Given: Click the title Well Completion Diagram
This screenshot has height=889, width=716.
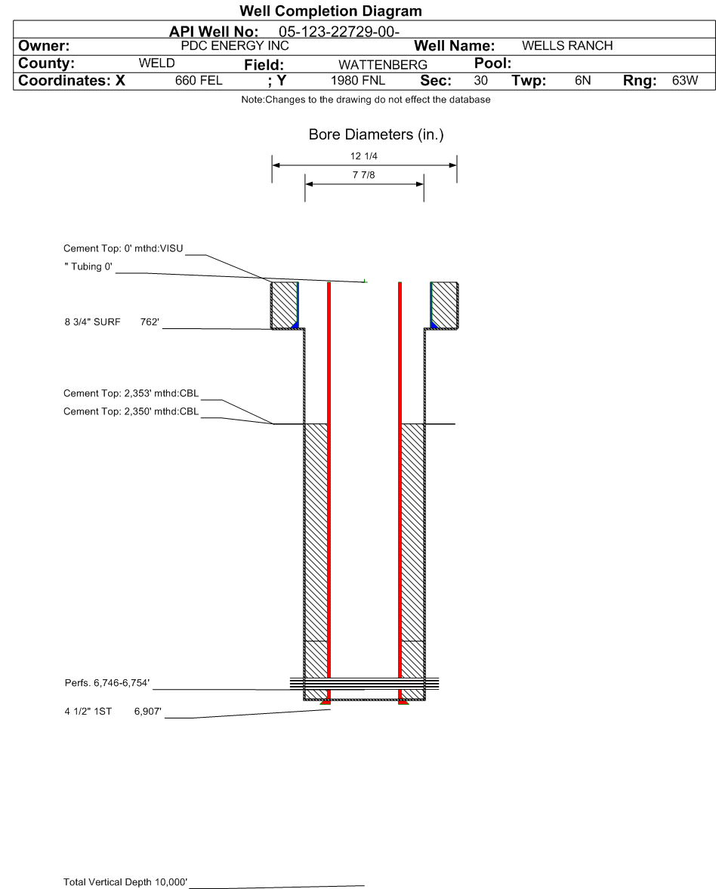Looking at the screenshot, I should pos(330,11).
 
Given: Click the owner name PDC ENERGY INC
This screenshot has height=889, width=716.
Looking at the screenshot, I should pos(240,46).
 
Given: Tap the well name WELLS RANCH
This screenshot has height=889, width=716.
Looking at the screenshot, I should pos(567,46).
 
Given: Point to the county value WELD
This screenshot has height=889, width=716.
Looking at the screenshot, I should pos(157,63).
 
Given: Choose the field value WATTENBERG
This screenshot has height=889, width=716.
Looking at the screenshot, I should pos(383,65).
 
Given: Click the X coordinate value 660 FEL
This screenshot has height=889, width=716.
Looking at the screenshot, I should pos(199,81).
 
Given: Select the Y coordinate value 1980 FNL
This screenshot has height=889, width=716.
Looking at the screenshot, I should pos(358,81).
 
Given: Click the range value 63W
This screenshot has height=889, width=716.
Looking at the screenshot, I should pos(685,81).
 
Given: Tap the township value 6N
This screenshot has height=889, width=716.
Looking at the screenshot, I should pos(582,81).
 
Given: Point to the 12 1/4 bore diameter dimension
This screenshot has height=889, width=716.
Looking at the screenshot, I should pos(365,157).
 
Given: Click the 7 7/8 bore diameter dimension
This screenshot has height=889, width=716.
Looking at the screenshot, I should pos(364,175).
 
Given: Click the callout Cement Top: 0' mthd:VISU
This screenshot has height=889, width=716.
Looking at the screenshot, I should pos(123,248).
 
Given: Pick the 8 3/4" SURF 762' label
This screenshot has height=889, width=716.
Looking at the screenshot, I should pos(113,322).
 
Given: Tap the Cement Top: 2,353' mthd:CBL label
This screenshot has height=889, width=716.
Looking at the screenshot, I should pos(131,393).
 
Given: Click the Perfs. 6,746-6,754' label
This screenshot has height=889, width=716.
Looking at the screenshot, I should pos(107,683).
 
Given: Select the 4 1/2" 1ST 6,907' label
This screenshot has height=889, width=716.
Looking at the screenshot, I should pos(113,710).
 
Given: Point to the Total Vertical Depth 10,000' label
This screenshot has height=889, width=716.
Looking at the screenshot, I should pos(125,881).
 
